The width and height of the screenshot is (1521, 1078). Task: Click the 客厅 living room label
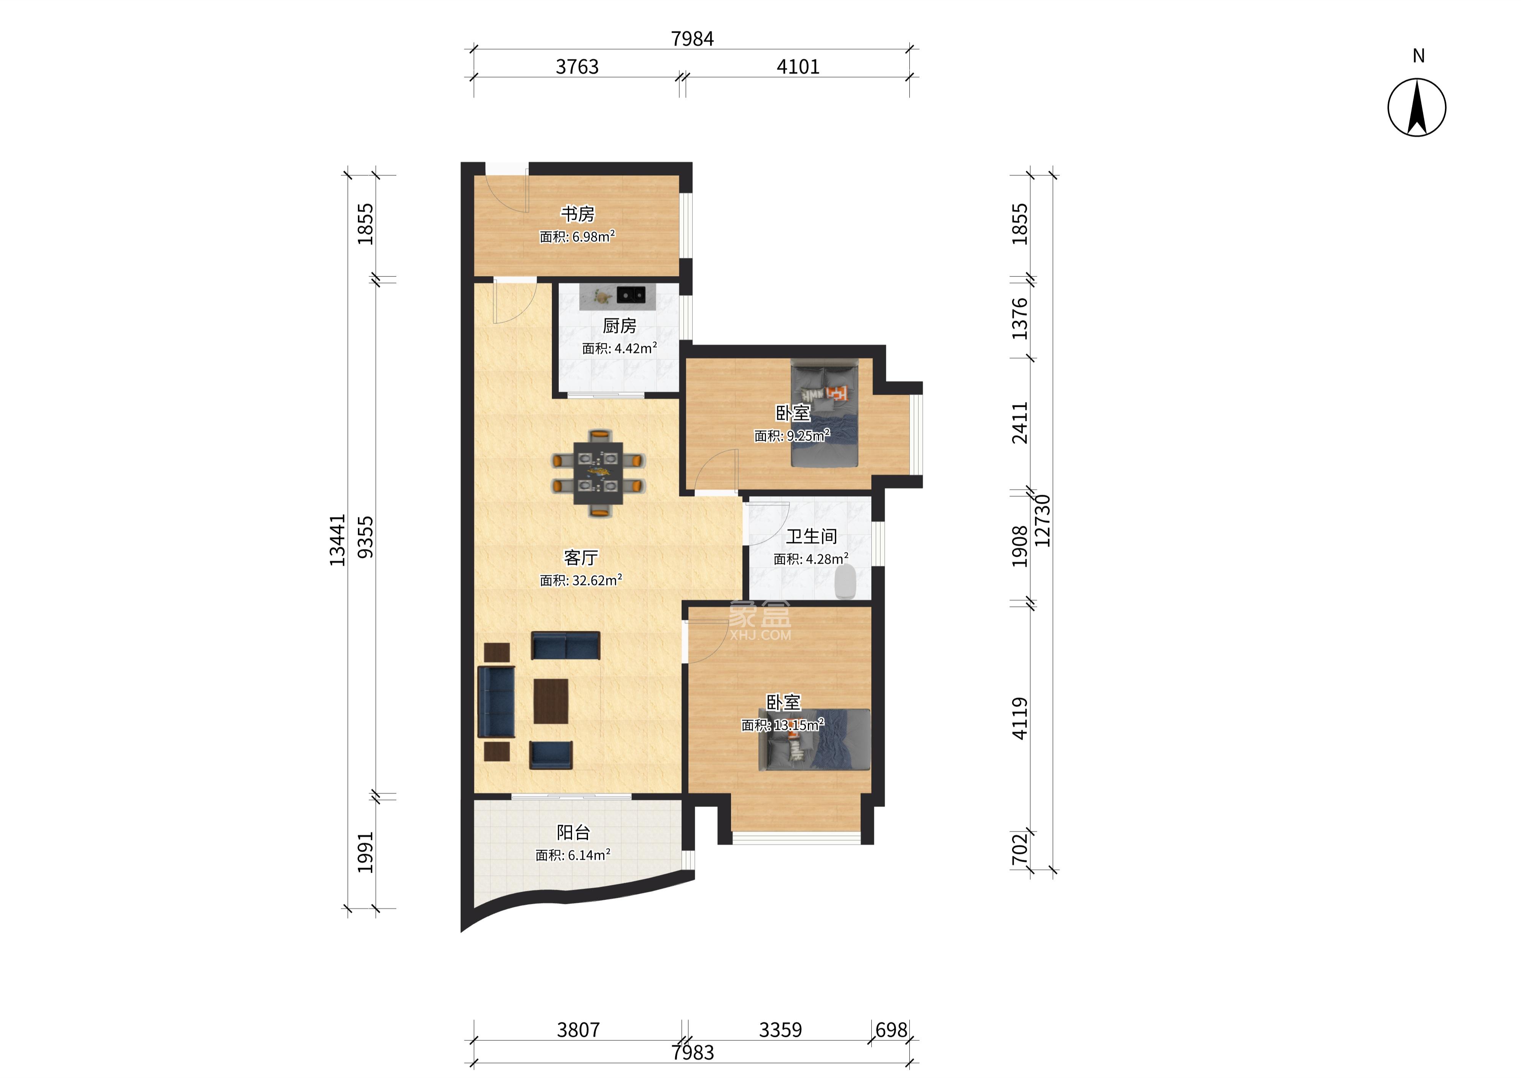580,557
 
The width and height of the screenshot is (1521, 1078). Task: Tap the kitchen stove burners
631,294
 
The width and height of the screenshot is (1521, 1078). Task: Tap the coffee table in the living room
551,701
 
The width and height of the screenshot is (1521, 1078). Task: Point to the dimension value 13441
337,540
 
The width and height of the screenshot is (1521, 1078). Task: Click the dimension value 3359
780,1030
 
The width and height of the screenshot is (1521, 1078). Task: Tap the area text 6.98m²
594,236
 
